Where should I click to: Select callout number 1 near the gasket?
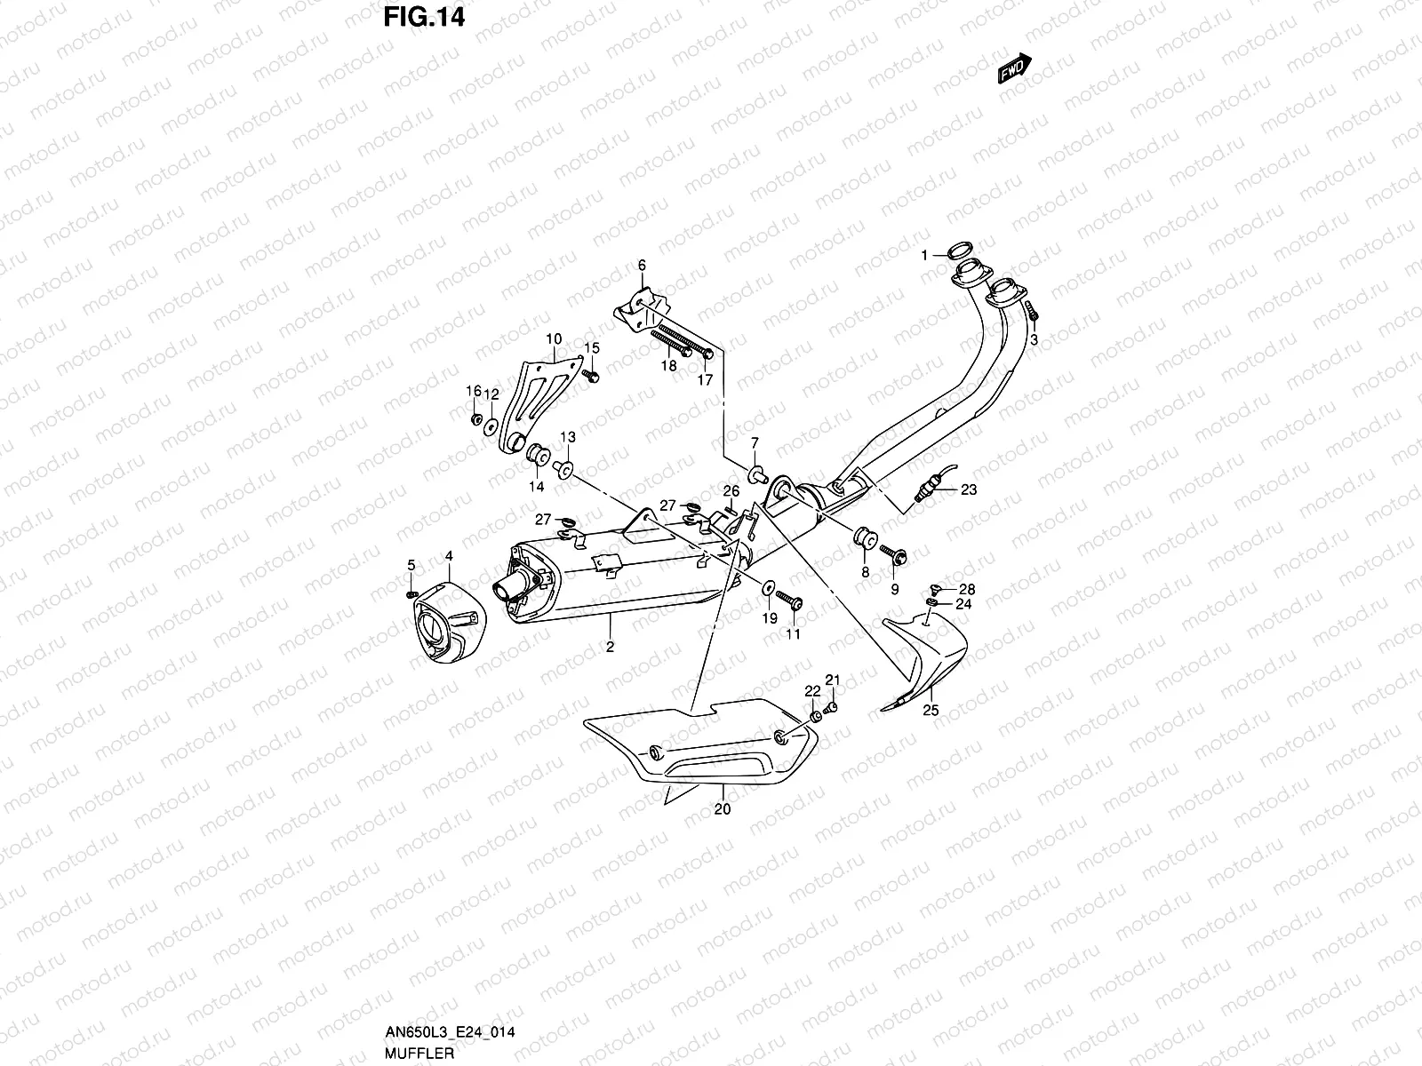pos(924,255)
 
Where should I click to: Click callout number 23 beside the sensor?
pos(968,489)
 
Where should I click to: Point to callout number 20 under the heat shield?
pos(722,809)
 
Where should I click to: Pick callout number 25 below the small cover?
pos(931,710)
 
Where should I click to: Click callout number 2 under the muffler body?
pos(611,647)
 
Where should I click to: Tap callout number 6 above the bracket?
pos(641,266)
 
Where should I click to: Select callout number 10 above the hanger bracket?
pos(554,338)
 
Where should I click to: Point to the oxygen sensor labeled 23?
pos(929,485)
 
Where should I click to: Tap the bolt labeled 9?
pos(894,556)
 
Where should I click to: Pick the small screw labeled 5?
pos(411,593)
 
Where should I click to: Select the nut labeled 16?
pos(475,418)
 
